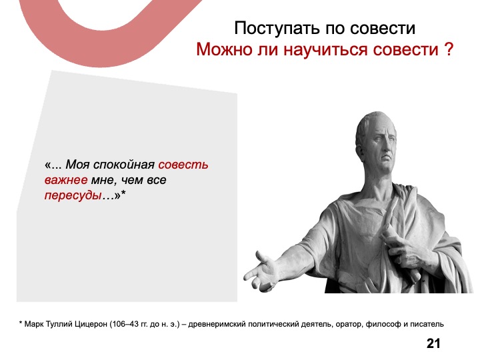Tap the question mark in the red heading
(x=448, y=49)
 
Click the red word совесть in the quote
(x=183, y=165)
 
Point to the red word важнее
(x=66, y=180)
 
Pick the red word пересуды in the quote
(x=73, y=195)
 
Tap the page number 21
(x=433, y=343)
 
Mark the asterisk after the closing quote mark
(x=123, y=193)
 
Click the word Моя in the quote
(x=78, y=165)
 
